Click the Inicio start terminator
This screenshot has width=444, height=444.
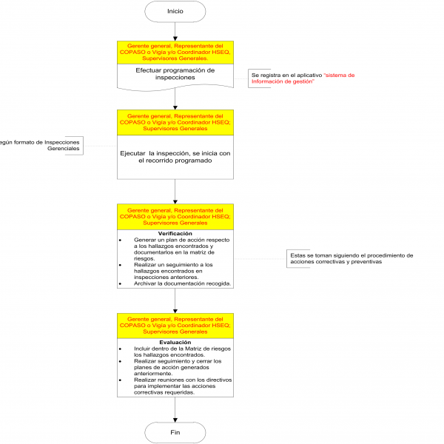coord(175,11)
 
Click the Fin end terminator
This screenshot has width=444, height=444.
coord(175,431)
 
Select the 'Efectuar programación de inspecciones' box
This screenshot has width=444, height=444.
coord(175,74)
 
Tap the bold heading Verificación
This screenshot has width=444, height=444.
coord(175,233)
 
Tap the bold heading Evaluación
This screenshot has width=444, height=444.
coord(175,343)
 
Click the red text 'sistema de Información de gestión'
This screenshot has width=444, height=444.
coord(303,78)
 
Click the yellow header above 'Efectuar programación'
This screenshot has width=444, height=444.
coord(175,53)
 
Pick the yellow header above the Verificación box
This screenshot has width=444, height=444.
coord(175,217)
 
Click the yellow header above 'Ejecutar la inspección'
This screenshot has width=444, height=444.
coord(175,123)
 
